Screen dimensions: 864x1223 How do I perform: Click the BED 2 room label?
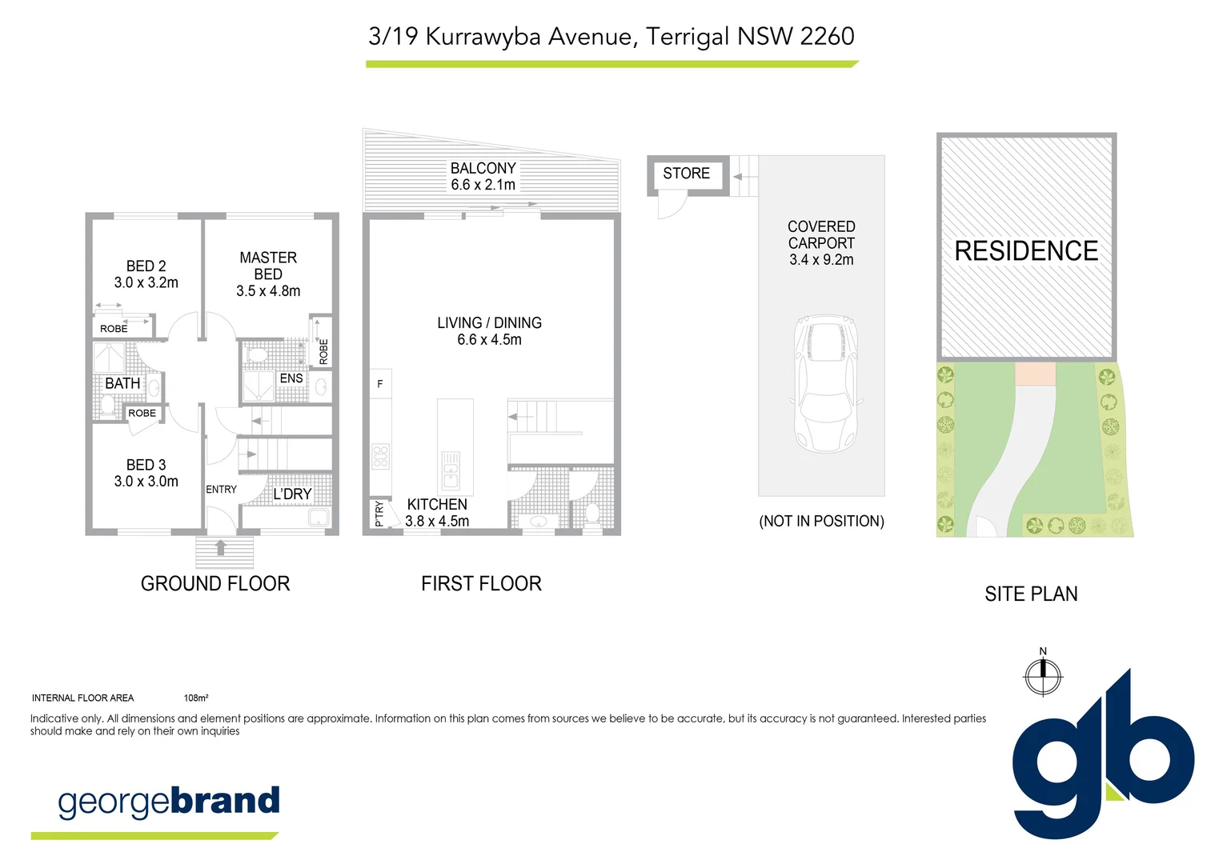pos(146,266)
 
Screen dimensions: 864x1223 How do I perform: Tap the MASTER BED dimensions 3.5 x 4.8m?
pos(268,291)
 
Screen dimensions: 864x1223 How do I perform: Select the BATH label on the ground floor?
pos(122,383)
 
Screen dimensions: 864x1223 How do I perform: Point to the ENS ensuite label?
pos(291,378)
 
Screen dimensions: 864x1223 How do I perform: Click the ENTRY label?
pos(221,490)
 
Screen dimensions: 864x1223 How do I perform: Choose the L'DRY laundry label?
pos(292,494)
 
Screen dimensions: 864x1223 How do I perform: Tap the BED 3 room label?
pos(146,465)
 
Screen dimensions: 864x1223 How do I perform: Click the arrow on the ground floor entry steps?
pos(222,548)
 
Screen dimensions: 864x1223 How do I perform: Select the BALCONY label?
pos(483,168)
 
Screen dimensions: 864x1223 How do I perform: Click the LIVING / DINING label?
pos(489,322)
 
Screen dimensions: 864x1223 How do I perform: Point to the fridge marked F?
pos(380,384)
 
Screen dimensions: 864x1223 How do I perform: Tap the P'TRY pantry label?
pos(379,514)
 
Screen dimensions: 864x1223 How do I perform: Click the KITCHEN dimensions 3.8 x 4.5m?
pos(437,521)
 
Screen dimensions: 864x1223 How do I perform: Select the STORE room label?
pos(686,174)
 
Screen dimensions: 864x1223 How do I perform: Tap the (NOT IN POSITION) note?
pos(821,521)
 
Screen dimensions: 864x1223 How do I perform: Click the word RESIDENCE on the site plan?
pos(1026,251)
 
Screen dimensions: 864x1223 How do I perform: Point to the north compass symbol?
pos(1043,675)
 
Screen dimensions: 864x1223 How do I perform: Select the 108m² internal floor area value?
pos(196,698)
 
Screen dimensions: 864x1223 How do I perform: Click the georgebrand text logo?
pos(169,802)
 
